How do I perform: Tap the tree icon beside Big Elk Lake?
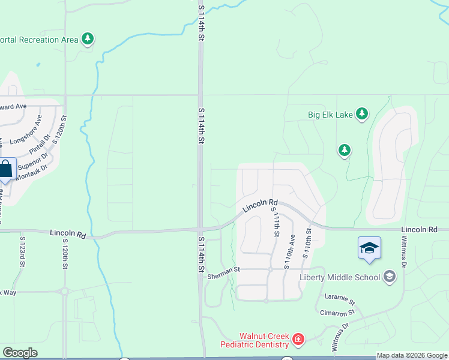[361, 113]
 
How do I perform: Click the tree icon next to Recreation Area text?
[88, 40]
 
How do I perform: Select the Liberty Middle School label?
[340, 277]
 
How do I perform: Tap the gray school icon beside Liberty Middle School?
[390, 277]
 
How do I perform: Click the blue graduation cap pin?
[369, 248]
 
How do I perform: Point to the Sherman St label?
[223, 270]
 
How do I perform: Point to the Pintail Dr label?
[37, 147]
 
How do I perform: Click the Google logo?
[20, 353]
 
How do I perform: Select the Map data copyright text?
[412, 356]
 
